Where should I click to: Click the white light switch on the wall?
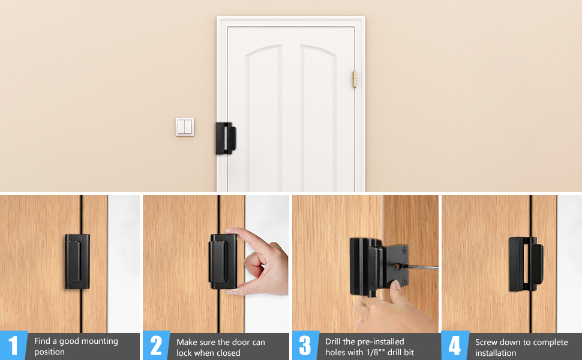click(185, 127)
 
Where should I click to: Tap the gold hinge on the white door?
click(354, 79)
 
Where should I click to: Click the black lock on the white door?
click(226, 139)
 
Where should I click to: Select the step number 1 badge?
click(13, 346)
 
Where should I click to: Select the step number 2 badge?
click(156, 346)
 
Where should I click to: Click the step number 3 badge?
click(305, 346)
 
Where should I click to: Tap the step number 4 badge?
click(455, 346)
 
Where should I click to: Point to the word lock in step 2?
click(184, 353)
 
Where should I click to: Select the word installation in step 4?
click(496, 353)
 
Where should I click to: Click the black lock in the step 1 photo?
click(77, 262)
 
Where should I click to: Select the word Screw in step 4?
click(487, 342)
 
